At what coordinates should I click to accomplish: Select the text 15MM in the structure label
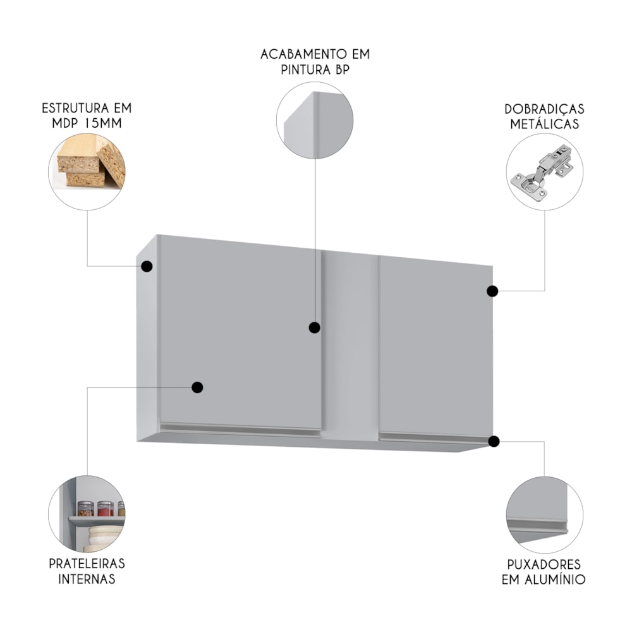coord(103,123)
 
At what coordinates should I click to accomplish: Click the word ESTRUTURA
coord(75,109)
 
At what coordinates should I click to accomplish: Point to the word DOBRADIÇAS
coord(544,109)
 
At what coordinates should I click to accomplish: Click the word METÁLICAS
coord(544,124)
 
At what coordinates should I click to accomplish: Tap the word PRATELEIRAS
coord(87,564)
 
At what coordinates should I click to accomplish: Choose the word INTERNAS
coord(87,579)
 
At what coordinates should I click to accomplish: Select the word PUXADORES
coord(544,564)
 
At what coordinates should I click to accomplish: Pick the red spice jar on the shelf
coord(105,509)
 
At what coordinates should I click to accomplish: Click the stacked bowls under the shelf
coord(103,538)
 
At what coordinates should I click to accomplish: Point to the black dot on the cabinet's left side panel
coord(147,266)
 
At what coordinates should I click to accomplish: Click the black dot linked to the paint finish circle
coord(314,327)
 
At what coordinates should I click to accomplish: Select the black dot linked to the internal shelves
coord(197,387)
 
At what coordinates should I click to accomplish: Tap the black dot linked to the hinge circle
coord(492,291)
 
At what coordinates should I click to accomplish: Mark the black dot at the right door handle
coord(494,441)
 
